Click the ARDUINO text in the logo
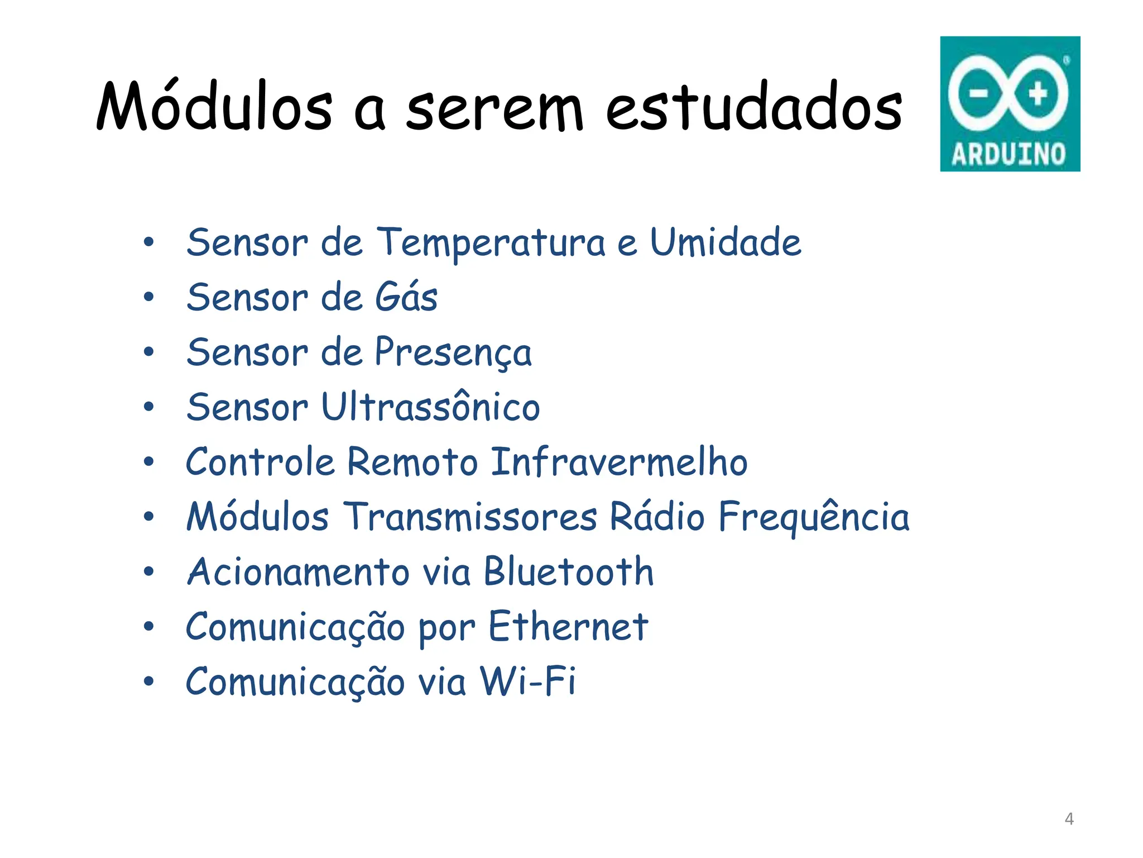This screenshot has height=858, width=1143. click(1009, 154)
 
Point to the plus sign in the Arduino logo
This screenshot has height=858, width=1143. click(1038, 93)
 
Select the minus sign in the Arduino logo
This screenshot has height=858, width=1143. click(978, 93)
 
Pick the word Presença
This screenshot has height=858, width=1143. click(453, 352)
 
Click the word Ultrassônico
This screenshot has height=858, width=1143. click(431, 406)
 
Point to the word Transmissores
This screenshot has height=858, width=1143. click(470, 516)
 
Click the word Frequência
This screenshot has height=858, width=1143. click(814, 516)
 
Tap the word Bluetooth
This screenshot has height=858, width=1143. click(569, 571)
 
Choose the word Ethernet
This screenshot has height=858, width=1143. click(568, 626)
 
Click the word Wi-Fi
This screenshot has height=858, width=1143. click(528, 681)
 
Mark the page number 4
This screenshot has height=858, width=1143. click(1069, 819)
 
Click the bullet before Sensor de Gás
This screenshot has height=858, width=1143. click(148, 297)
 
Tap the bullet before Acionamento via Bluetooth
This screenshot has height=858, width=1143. click(148, 571)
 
